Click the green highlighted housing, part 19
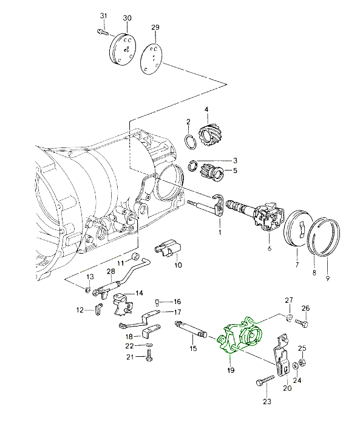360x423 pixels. [240, 336]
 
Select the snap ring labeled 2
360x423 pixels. [191, 141]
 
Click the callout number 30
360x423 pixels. [127, 18]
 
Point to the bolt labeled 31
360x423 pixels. [102, 33]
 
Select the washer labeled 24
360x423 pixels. [296, 366]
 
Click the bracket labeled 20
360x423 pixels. [281, 356]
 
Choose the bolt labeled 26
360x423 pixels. [302, 323]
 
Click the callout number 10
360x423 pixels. [178, 265]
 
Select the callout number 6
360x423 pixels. [270, 248]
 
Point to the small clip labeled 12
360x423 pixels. [98, 309]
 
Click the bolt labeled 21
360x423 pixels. [149, 355]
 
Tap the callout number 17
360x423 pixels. [177, 313]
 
